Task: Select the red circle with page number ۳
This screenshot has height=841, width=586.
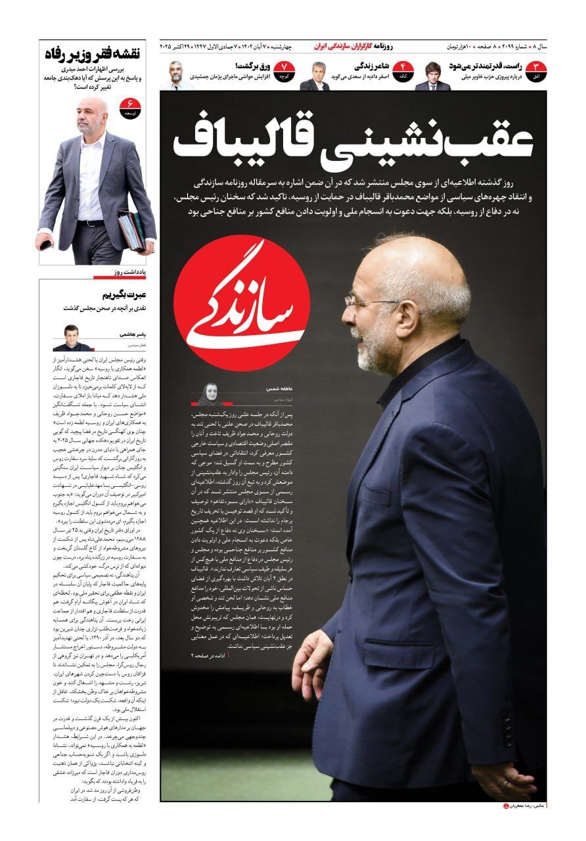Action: click(x=536, y=69)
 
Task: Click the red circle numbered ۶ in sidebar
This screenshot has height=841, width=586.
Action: click(x=129, y=106)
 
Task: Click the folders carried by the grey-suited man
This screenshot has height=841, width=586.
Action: click(x=131, y=230)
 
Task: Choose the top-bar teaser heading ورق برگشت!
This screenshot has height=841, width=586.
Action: click(x=249, y=66)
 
